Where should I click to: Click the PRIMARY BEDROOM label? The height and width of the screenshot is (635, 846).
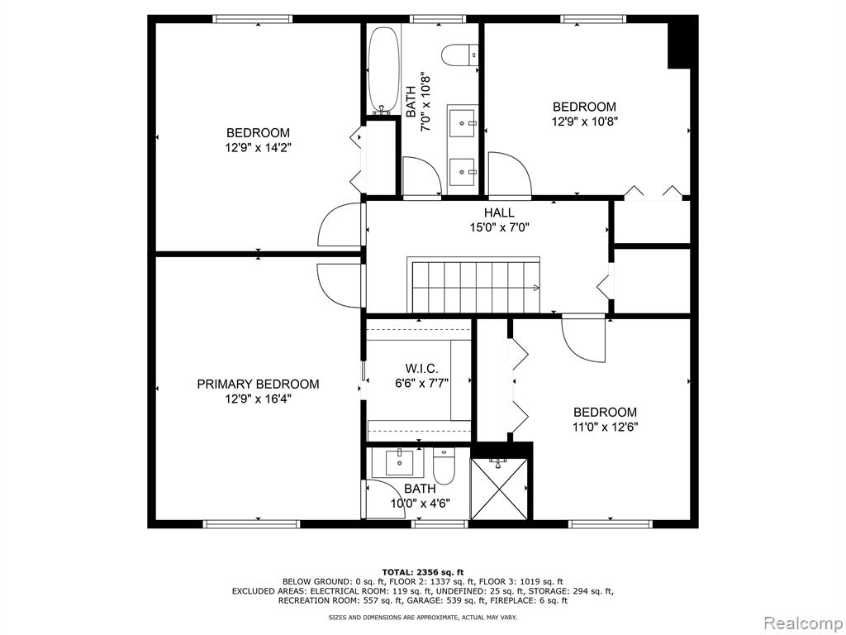coord(258,384)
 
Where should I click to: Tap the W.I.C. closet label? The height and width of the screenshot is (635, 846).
coord(421,369)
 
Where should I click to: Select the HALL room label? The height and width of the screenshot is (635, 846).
coord(499,212)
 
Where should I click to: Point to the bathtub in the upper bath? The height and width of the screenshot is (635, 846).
coord(382,70)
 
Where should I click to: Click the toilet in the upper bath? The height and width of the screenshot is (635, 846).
coord(460,55)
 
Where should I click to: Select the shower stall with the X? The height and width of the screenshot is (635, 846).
coord(499,488)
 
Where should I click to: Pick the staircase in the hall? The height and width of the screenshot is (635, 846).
coord(474,285)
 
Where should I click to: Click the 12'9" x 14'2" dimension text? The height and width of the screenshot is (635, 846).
coord(258,147)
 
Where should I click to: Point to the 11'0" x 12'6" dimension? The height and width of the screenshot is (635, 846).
coord(605,427)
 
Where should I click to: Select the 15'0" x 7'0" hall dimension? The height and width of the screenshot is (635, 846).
coord(499,227)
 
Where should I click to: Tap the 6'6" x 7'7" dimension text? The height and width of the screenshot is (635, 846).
coord(421,383)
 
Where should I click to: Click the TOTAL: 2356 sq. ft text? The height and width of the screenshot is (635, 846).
coord(422,571)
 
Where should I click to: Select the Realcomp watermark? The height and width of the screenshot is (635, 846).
coord(801,621)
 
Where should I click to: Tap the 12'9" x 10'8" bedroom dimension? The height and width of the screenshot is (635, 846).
coord(584,121)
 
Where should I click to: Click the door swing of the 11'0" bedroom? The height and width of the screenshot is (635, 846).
coord(583,339)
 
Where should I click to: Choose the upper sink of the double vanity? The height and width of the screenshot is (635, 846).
coord(462,123)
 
